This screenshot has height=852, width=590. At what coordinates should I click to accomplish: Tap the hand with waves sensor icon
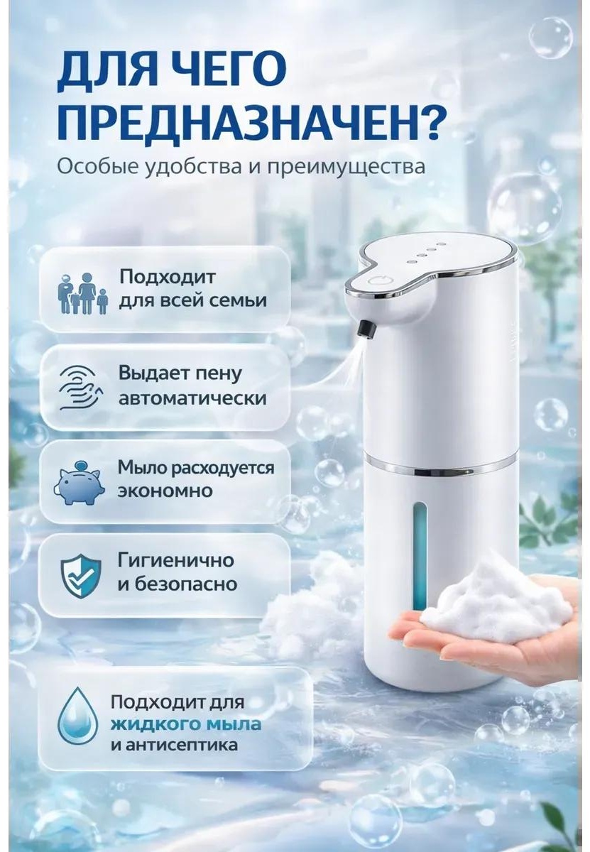(82, 388)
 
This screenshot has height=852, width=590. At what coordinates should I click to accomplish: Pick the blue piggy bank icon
(79, 482)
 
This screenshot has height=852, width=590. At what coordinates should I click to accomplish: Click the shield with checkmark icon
(81, 576)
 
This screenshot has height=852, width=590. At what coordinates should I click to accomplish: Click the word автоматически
(192, 398)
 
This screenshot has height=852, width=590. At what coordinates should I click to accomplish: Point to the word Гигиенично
(176, 561)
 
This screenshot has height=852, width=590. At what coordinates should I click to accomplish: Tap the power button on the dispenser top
(376, 281)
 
